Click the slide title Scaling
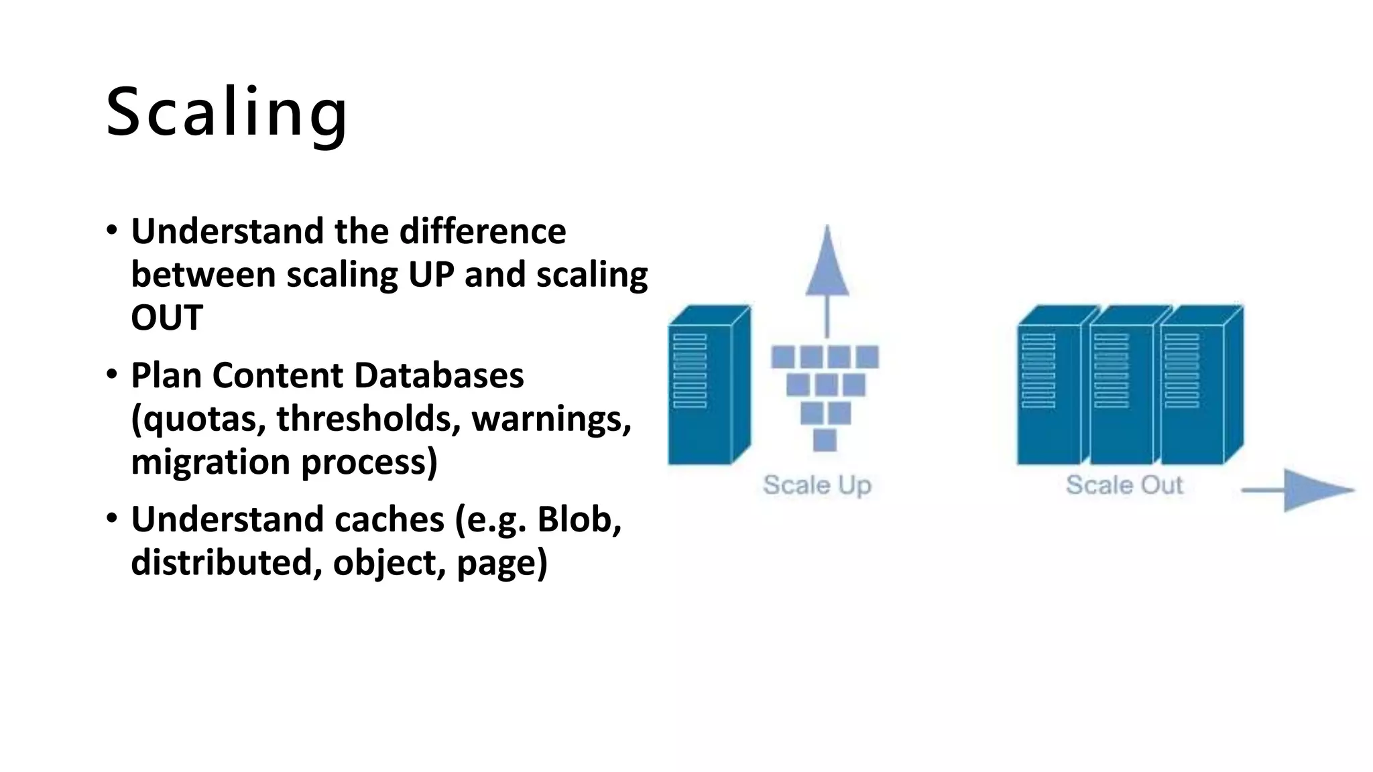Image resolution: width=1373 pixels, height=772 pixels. (227, 113)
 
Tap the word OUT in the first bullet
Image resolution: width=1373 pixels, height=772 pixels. (167, 318)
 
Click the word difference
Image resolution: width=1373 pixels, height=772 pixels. (483, 231)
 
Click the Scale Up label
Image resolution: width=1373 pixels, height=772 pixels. (817, 485)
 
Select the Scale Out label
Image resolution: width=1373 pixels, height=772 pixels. (1124, 485)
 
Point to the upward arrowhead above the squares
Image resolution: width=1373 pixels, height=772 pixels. (827, 265)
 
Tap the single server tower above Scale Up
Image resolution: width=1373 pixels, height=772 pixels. (708, 385)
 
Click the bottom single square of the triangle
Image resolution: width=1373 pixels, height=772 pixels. (825, 440)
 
